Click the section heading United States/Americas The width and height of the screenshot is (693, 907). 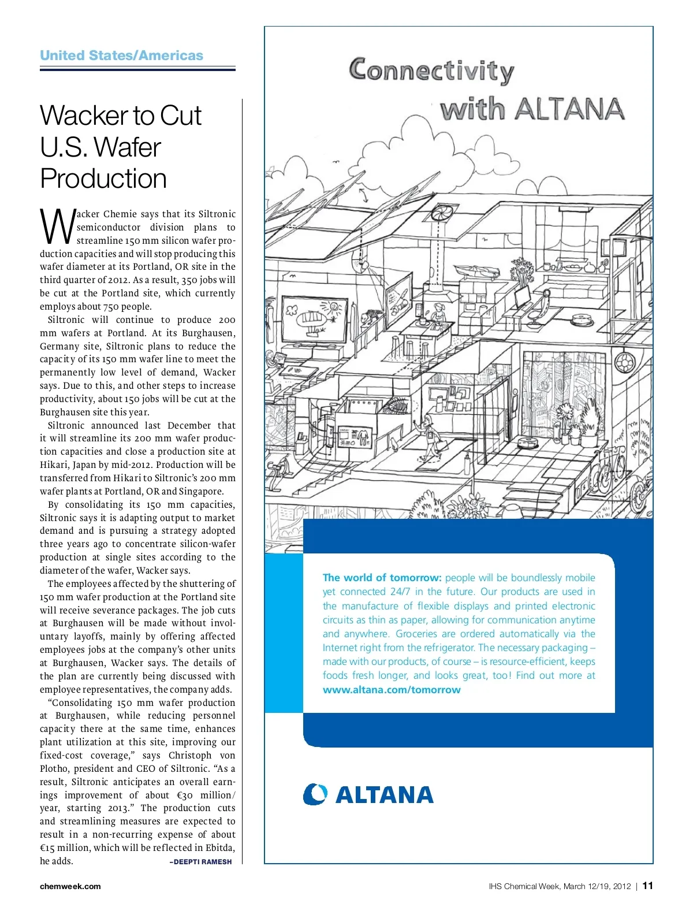[x=121, y=55]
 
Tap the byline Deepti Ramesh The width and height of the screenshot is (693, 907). [x=200, y=861]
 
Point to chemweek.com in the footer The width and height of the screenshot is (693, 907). [x=70, y=886]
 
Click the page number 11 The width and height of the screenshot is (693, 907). [x=648, y=886]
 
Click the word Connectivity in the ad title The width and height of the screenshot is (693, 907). [x=431, y=70]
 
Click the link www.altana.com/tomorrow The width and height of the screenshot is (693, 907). [x=392, y=690]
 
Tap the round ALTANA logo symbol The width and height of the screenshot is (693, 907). [x=315, y=794]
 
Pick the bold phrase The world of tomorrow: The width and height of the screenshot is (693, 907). [x=382, y=578]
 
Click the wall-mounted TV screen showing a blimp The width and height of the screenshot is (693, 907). [x=314, y=320]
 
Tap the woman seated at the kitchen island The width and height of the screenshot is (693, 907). [x=438, y=315]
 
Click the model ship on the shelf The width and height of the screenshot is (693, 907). [x=472, y=270]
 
